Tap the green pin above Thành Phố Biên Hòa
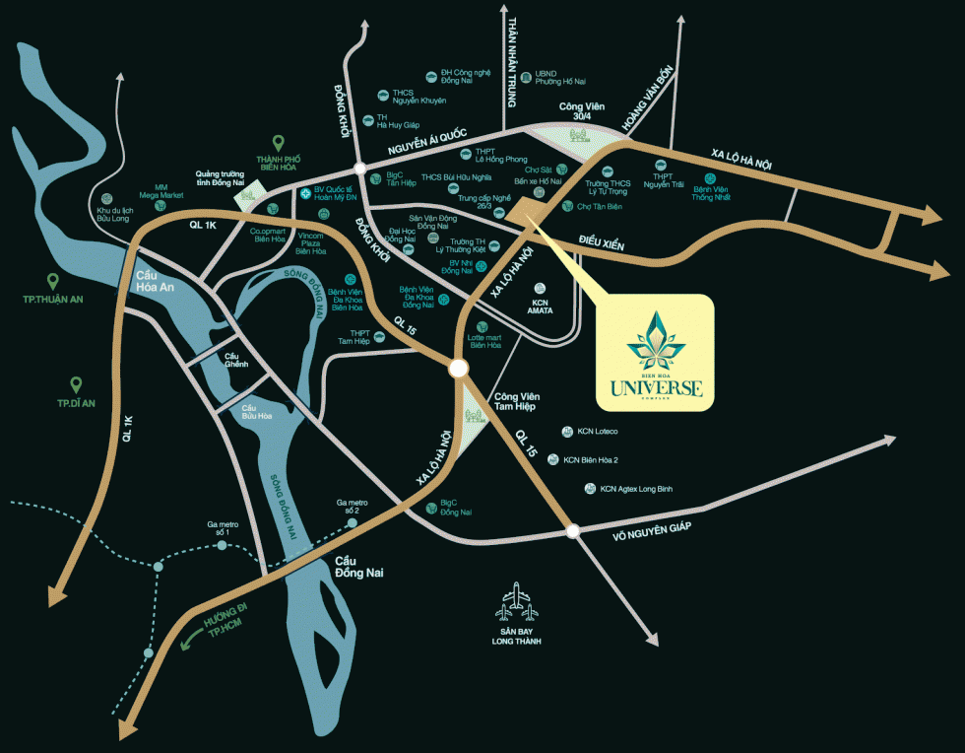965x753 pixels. [279, 144]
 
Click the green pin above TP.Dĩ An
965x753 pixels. [75, 384]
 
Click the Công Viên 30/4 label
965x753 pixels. [581, 111]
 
